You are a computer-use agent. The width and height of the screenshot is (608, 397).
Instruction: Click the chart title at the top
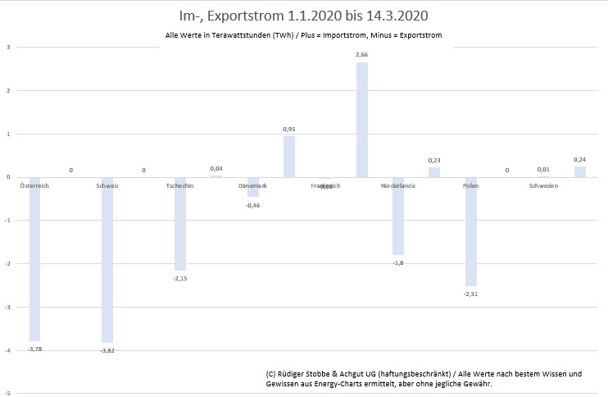point(302,16)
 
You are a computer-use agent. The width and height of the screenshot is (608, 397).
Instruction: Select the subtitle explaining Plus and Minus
point(304,36)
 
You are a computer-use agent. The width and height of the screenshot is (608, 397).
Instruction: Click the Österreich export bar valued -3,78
point(34,258)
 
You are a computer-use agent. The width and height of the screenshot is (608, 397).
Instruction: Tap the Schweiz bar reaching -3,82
point(107,259)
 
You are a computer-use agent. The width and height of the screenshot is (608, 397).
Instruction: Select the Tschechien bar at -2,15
point(180,224)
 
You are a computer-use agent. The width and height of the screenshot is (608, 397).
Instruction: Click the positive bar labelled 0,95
point(289,157)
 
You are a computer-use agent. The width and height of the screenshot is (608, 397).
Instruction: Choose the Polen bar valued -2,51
point(470,231)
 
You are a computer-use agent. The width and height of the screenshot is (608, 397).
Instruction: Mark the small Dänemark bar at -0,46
point(253,187)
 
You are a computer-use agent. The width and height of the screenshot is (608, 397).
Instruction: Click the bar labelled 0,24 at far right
point(580,171)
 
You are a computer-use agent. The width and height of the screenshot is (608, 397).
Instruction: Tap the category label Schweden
point(543,186)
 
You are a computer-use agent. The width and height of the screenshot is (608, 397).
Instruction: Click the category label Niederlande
point(398,186)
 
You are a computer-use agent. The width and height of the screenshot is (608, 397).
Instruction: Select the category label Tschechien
point(179,186)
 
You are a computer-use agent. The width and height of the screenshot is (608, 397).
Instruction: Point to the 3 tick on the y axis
point(7,47)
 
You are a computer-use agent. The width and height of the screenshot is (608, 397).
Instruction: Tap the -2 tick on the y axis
point(7,264)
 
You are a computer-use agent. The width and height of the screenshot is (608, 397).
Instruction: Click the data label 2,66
point(361,54)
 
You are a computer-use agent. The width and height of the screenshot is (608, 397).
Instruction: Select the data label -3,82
point(107,350)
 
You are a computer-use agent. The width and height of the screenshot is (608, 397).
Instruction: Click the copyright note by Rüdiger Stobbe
point(424,378)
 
